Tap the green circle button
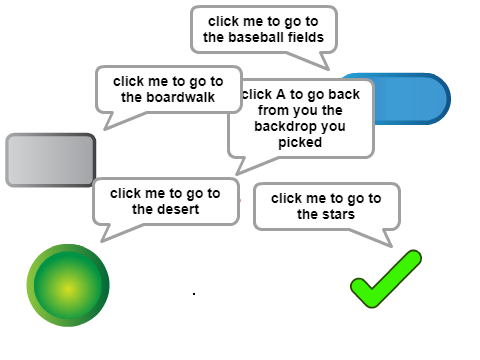coord(68,285)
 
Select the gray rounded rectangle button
coord(51,160)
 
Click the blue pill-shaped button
coord(412,99)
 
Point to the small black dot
coord(194,294)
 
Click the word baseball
coord(256,37)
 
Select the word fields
coord(306,37)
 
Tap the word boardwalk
coord(181,97)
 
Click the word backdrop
coord(300,126)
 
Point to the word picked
coord(300,142)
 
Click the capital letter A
coord(281,94)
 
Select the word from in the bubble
coord(272,110)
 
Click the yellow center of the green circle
coord(68,289)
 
